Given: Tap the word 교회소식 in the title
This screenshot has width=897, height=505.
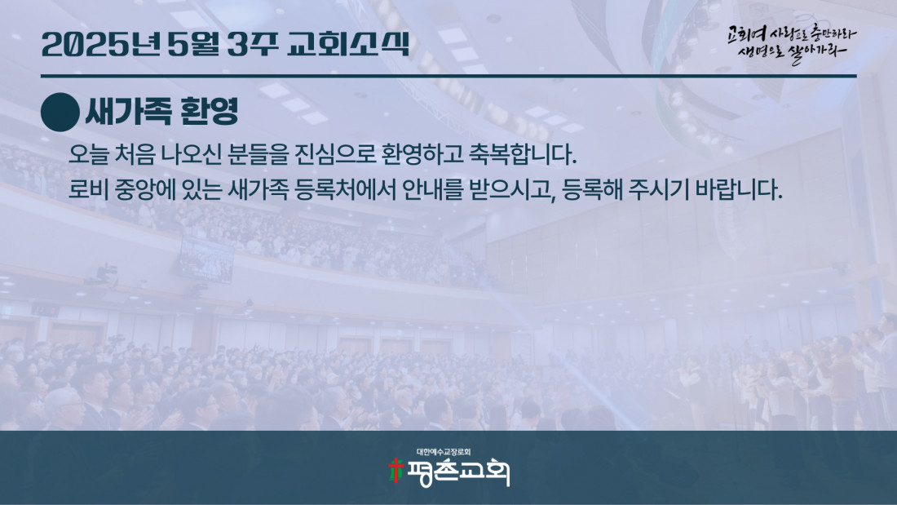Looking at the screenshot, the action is coord(348,44).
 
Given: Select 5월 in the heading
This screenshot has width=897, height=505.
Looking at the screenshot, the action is coord(192,44).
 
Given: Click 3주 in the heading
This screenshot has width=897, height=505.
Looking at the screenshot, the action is coord(253,44).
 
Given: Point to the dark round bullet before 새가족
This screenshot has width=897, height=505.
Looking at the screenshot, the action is coord(60,113).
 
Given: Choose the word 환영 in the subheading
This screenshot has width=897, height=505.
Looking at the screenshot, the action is coord(209,112).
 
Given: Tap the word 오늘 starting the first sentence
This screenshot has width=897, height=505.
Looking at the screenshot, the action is coord(88,154).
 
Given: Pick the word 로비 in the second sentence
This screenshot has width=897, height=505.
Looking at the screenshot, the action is coord(88,189).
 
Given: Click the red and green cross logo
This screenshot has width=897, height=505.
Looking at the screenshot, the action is coord(395,471).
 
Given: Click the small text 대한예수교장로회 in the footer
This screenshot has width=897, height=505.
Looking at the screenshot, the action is coord(444,452).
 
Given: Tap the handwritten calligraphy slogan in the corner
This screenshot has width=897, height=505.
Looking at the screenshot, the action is coord(792,43).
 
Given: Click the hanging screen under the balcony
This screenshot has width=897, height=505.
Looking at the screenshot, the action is coord(206,259).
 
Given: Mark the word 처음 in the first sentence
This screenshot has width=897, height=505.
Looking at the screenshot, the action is coord(135,154).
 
